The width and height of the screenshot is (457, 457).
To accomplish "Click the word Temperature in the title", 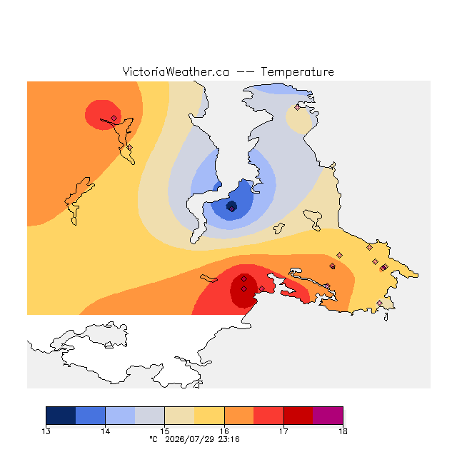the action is (297, 72).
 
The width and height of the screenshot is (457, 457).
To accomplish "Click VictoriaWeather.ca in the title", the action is (176, 72).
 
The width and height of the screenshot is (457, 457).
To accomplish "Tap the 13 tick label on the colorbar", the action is (46, 431).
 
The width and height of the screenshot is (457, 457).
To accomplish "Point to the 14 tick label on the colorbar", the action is (105, 431).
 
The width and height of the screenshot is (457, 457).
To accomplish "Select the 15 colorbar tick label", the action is (165, 431).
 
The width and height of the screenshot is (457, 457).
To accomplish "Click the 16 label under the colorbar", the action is (224, 431).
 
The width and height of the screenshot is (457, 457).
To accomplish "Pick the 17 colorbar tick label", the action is (283, 431).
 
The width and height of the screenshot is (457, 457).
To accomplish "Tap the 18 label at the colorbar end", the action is (343, 431).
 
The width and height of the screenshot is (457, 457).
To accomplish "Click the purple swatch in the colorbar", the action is (328, 416).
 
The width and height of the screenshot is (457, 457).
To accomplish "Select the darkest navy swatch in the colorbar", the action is (61, 416).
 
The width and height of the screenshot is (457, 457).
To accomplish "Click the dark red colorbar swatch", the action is (298, 416).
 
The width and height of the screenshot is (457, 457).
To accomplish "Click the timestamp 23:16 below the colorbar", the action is (228, 440).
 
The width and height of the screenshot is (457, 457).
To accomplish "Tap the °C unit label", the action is (154, 440).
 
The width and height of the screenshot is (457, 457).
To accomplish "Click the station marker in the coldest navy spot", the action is (231, 209).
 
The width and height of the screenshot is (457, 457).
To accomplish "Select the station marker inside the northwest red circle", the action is (114, 118).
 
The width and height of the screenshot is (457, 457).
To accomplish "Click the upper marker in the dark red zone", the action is (244, 279).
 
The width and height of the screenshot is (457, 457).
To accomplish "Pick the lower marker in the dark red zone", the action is (244, 288).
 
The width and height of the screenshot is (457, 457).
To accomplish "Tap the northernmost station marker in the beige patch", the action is (297, 108).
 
